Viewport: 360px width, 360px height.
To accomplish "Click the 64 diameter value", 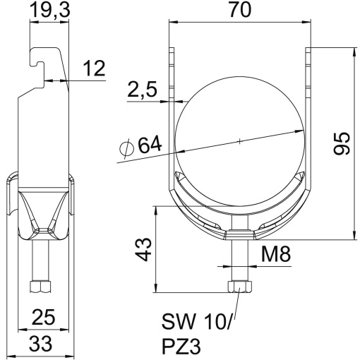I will point(149,146).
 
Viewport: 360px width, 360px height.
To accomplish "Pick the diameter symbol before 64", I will point(126,149).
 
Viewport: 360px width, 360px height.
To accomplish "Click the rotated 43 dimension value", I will point(143,249).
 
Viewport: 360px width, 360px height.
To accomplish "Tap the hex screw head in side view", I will point(39,287).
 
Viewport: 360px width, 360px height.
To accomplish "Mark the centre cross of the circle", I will point(240,140).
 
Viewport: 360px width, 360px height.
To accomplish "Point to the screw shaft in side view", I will point(39,261).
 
